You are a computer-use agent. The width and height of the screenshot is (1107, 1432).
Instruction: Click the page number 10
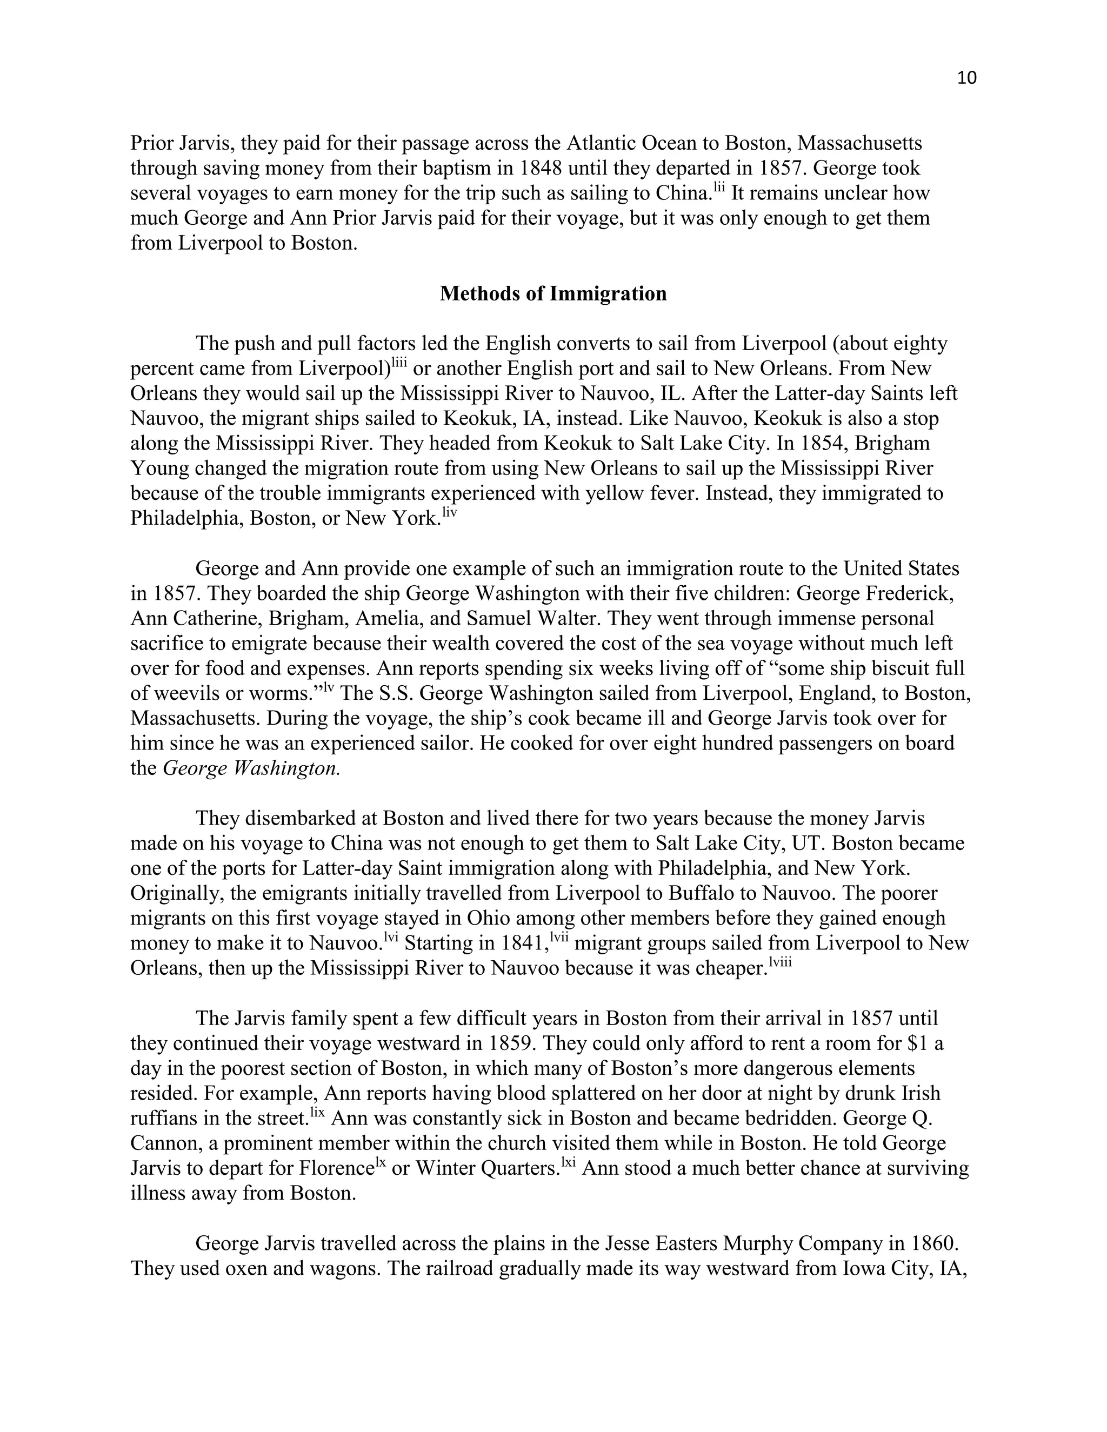point(966,78)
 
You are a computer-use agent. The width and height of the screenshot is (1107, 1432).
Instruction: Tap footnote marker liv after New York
point(449,513)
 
